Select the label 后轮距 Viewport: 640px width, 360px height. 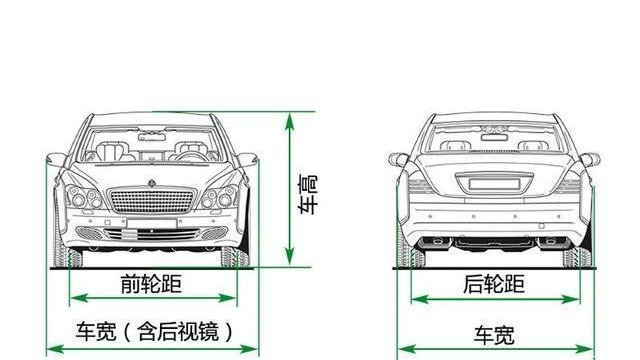[494, 284]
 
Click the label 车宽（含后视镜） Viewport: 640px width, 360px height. [154, 330]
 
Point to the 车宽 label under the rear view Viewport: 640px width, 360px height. [495, 333]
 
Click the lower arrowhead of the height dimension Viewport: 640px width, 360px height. [291, 262]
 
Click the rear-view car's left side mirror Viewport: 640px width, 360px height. [399, 159]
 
